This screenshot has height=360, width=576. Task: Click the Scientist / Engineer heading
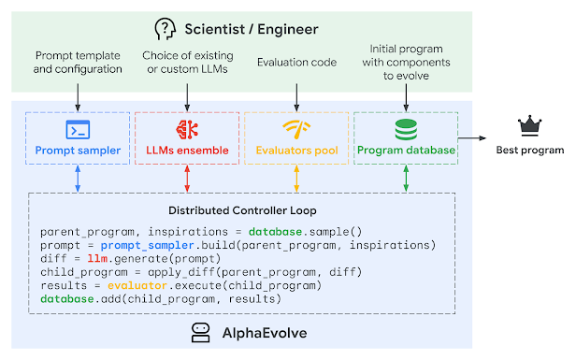pos(250,29)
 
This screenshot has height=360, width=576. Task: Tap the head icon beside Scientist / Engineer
pos(165,29)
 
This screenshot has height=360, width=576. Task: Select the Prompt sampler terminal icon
pos(78,129)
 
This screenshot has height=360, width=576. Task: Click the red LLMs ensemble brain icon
pos(187,129)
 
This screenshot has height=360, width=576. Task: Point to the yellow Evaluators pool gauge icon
pos(296,129)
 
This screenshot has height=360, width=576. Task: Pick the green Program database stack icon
pos(405,129)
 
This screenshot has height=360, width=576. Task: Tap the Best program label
pos(530,150)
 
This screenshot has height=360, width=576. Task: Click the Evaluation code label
pos(296,62)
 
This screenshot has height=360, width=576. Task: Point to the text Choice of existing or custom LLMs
pos(187,62)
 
